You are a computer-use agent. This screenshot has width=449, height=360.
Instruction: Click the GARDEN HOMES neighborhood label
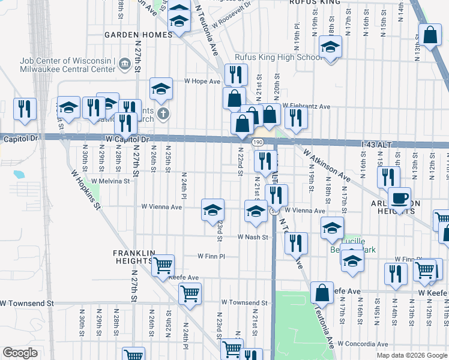click(138, 35)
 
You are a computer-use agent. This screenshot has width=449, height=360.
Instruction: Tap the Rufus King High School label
click(279, 57)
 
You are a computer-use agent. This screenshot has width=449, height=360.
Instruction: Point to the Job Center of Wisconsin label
click(67, 61)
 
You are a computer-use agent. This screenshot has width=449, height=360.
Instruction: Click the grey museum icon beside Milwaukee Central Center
click(125, 62)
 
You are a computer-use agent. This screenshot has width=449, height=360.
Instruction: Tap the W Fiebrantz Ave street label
click(306, 106)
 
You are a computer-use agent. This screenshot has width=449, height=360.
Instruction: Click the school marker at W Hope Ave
click(161, 89)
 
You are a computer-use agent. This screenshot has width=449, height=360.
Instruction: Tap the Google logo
click(20, 353)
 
